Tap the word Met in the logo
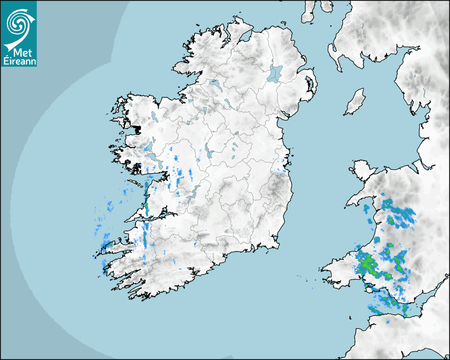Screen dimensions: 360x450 point(19,53)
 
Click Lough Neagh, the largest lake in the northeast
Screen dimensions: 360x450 point(275,73)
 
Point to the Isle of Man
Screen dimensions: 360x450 point(355,102)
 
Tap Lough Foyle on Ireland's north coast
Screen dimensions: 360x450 point(246,36)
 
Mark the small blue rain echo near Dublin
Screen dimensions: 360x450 point(280,170)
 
